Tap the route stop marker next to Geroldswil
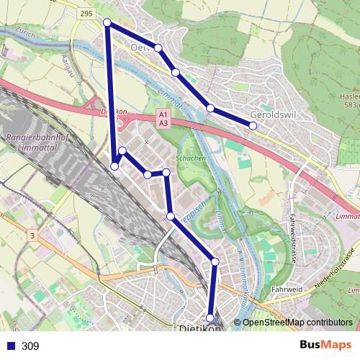(x=253, y=126)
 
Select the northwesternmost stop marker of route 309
(x=107, y=22)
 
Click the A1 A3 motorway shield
(x=163, y=119)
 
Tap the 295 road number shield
(x=87, y=14)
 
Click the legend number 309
(x=30, y=346)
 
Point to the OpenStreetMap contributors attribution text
(x=297, y=323)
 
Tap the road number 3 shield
(x=32, y=235)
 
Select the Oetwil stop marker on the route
(x=158, y=48)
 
